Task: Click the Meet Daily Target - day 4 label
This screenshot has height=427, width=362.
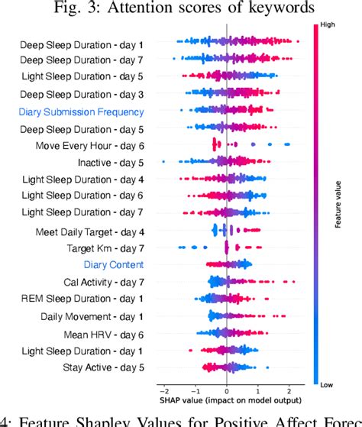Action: [90, 231]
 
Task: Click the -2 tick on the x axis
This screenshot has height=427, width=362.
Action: [163, 388]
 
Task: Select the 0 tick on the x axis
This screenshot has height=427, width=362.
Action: [227, 388]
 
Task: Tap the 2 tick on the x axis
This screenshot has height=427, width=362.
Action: [290, 388]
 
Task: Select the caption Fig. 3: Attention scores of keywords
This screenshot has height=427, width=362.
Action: [181, 8]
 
